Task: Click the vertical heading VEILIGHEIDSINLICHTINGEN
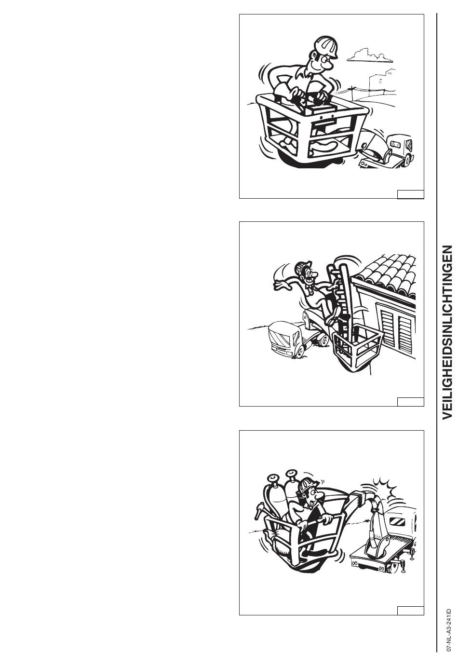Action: click(x=447, y=332)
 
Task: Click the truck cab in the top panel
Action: click(x=401, y=148)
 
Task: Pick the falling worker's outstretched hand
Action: click(x=281, y=285)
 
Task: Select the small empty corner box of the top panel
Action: click(x=411, y=194)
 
